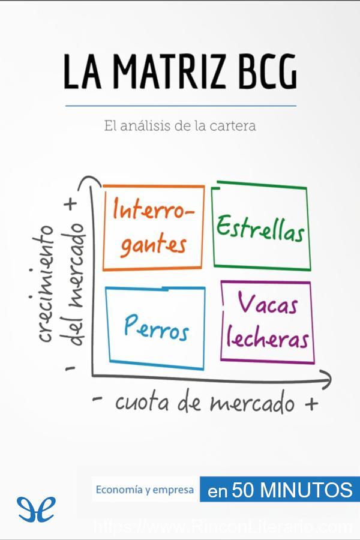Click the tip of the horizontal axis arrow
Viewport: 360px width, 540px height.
(331, 379)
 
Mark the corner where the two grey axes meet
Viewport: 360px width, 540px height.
(92, 375)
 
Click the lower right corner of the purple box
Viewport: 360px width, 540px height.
(314, 362)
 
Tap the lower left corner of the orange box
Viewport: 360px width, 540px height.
(104, 269)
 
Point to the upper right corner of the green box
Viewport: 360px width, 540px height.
(306, 188)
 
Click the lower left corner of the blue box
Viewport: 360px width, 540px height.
(110, 361)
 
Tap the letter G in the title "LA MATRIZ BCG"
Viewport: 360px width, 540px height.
(284, 71)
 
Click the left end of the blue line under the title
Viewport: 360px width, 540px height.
(65, 106)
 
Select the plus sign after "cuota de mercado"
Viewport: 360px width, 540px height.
(311, 403)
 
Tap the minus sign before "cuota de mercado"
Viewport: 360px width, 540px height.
(98, 399)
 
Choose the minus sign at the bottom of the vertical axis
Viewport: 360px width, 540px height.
(70, 368)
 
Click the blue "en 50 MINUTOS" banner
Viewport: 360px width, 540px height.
(280, 490)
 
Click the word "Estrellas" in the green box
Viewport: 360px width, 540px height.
(260, 229)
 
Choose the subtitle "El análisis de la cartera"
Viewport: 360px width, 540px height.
(180, 126)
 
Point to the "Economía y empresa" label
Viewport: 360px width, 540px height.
(145, 490)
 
